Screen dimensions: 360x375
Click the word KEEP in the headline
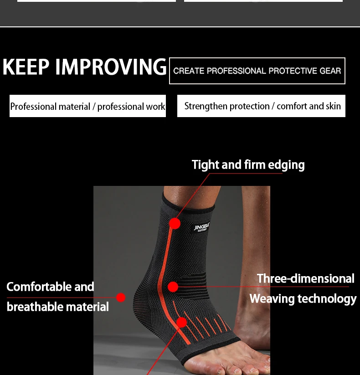pyautogui.click(x=26, y=67)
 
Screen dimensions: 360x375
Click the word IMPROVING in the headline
pyautogui.click(x=111, y=67)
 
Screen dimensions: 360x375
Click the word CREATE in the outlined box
pyautogui.click(x=189, y=71)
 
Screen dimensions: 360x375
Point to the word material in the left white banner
pyautogui.click(x=74, y=107)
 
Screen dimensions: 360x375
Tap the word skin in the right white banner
pyautogui.click(x=333, y=106)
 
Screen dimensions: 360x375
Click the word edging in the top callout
pyautogui.click(x=286, y=165)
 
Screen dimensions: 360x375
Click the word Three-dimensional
pyautogui.click(x=305, y=278)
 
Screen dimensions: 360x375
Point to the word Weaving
pyautogui.click(x=272, y=299)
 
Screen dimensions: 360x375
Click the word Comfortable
pyautogui.click(x=39, y=287)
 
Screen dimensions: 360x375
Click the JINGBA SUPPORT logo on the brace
pyautogui.click(x=202, y=227)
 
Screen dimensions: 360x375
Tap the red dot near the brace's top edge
pyautogui.click(x=175, y=223)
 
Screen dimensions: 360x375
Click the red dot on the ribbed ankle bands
pyautogui.click(x=173, y=287)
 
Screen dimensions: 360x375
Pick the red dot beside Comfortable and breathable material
pyautogui.click(x=121, y=298)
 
